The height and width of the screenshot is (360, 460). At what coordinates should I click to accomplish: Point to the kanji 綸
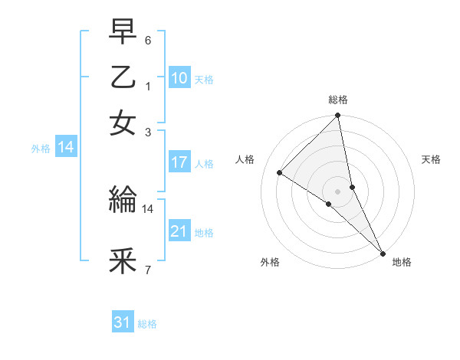[123, 201]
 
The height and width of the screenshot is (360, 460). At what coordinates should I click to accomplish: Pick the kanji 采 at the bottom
[123, 261]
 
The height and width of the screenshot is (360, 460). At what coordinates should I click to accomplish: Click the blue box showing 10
[179, 78]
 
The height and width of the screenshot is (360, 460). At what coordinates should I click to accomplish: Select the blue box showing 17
[179, 162]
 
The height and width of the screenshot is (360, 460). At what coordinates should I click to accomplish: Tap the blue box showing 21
[179, 231]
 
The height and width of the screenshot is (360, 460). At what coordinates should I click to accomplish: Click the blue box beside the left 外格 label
[66, 148]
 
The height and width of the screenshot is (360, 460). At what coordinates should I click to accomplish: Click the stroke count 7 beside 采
[148, 270]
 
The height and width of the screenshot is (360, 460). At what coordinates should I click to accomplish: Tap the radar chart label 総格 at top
[338, 100]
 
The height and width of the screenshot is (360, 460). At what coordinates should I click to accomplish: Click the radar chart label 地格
[402, 262]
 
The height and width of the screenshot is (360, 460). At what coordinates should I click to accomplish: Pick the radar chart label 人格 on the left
[245, 159]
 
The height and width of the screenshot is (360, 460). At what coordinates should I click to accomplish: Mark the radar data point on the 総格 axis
[338, 116]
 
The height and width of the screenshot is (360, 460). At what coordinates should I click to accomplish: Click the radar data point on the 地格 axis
[382, 252]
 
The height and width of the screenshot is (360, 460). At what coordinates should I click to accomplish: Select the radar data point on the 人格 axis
[280, 173]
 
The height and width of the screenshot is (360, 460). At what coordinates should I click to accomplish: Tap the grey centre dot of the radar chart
[338, 191]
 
